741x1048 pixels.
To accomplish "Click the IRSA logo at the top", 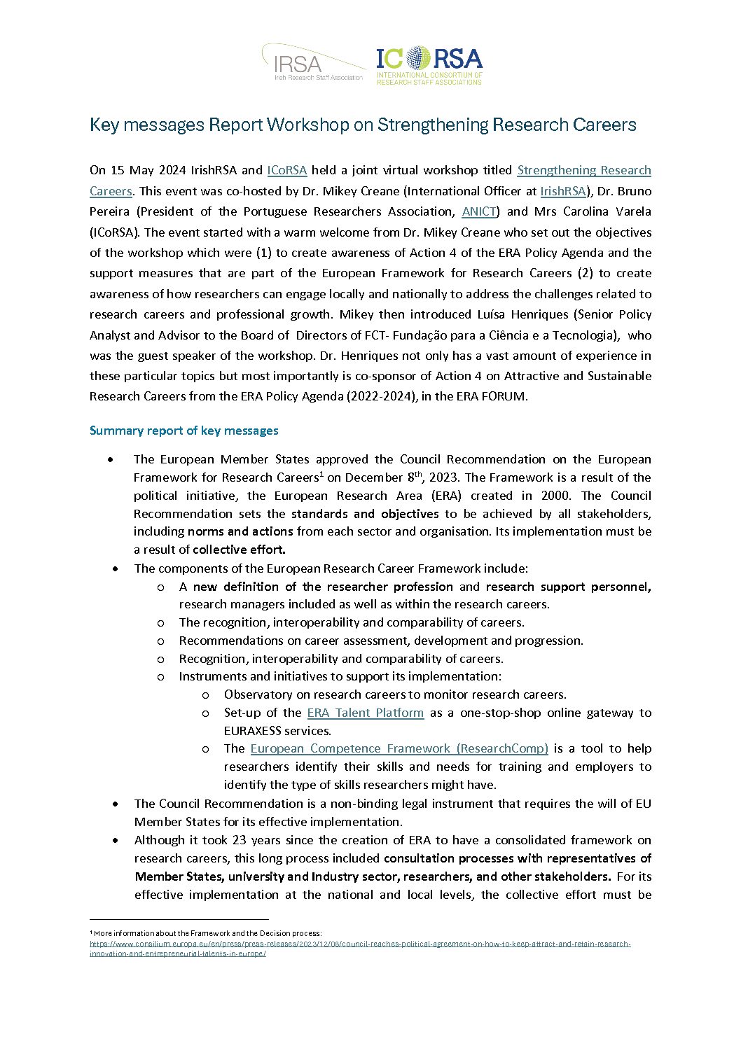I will pyautogui.click(x=313, y=64).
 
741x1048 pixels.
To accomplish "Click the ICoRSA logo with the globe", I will pyautogui.click(x=429, y=66).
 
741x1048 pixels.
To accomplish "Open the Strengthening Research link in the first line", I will pyautogui.click(x=584, y=170).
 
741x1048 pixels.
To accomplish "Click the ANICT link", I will pyautogui.click(x=479, y=211).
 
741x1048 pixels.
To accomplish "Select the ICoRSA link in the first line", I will pyautogui.click(x=287, y=170).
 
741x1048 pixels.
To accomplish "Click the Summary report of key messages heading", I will pyautogui.click(x=183, y=431).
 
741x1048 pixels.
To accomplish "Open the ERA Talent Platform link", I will pyautogui.click(x=366, y=713).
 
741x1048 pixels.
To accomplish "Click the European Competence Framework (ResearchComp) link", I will pyautogui.click(x=399, y=748).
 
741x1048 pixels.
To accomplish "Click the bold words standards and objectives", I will pyautogui.click(x=365, y=514).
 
